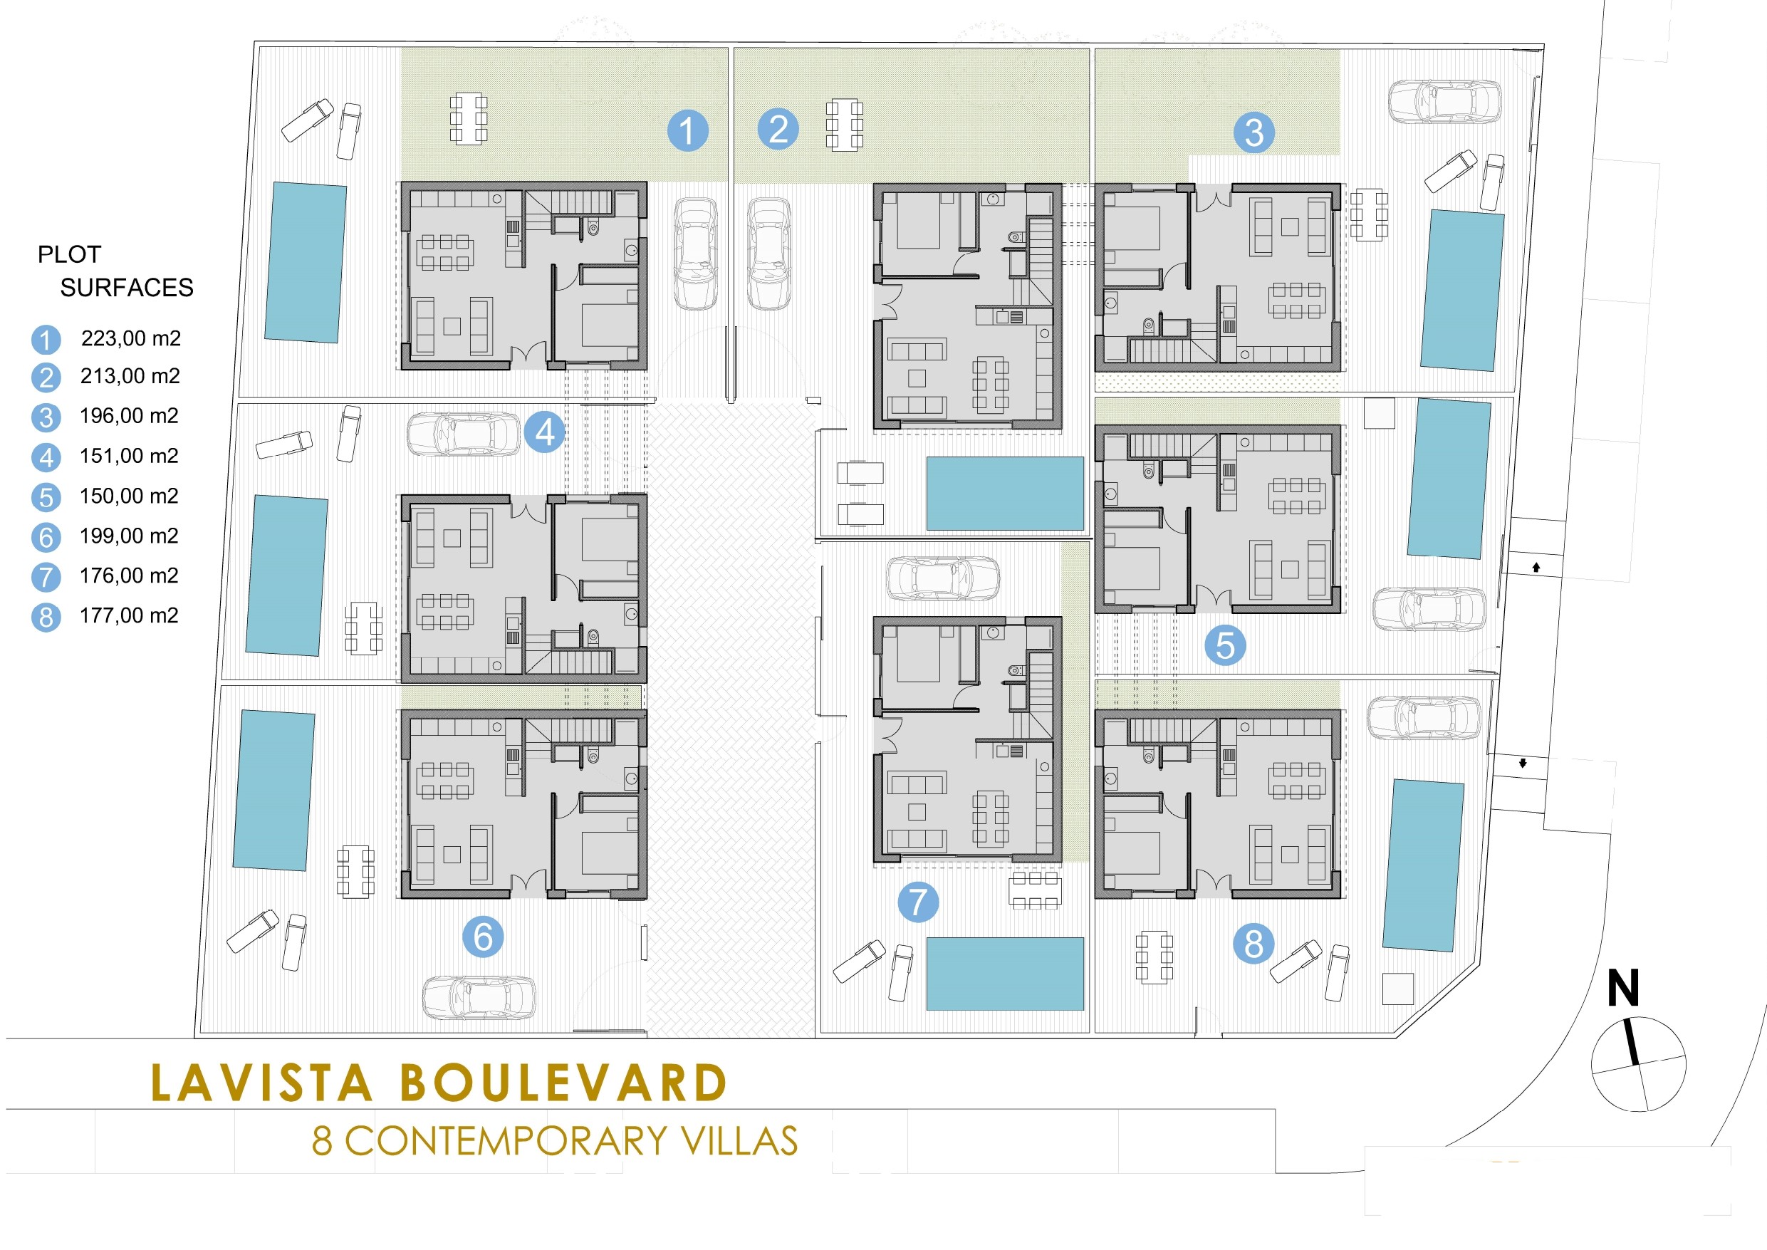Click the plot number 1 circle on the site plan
tap(687, 130)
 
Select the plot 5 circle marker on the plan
tap(1225, 645)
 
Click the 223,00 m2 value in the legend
tap(131, 338)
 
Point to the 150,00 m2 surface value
tap(130, 496)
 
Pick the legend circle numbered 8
tap(46, 618)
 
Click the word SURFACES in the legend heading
tap(127, 288)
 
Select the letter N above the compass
tap(1623, 987)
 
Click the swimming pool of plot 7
tap(1005, 974)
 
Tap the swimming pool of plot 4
tap(287, 575)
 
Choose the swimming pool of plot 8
tap(1423, 865)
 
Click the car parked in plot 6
tap(479, 998)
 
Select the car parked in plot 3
tap(1444, 102)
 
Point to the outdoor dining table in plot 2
tap(844, 124)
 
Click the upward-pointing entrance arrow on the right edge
tap(1536, 567)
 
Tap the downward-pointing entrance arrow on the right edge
tap(1522, 764)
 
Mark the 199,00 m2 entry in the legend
tap(130, 536)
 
